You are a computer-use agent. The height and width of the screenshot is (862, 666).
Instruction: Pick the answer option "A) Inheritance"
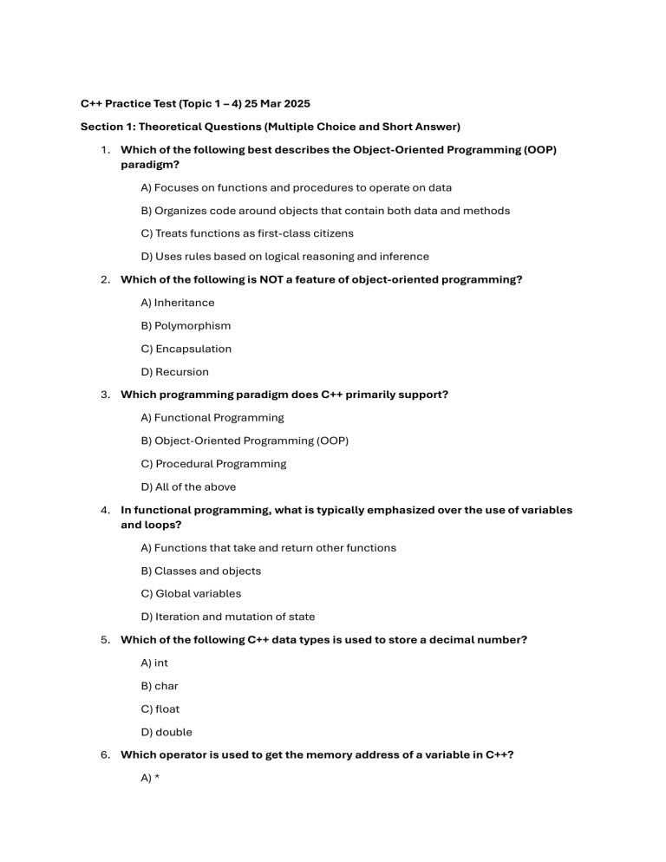pos(177,303)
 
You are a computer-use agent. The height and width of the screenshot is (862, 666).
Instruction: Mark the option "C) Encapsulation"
pos(186,349)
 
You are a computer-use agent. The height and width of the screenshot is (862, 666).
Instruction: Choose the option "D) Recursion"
pos(174,372)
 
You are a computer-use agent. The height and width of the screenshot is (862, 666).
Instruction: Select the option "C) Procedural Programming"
pos(212,464)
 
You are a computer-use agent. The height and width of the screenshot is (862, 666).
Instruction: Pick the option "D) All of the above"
pos(187,487)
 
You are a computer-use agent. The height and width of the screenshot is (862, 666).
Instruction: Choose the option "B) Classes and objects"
pos(200,571)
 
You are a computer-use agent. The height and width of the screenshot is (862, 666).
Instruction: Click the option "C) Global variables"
pos(191,594)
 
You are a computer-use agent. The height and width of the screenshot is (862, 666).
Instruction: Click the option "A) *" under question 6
pos(149,778)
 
